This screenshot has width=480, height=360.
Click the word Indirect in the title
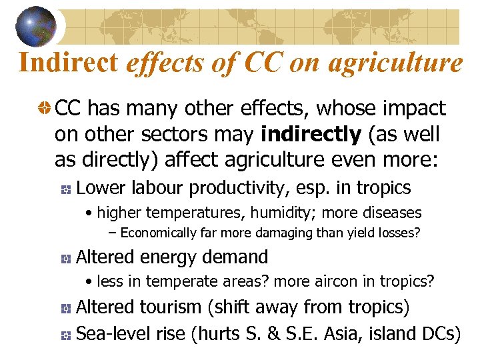coord(69,63)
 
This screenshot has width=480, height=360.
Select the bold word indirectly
coord(310,135)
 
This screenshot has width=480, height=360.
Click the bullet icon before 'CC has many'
coord(44,109)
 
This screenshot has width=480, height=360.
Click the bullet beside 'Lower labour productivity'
coord(65,189)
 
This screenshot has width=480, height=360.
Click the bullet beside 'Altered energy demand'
coord(65,258)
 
